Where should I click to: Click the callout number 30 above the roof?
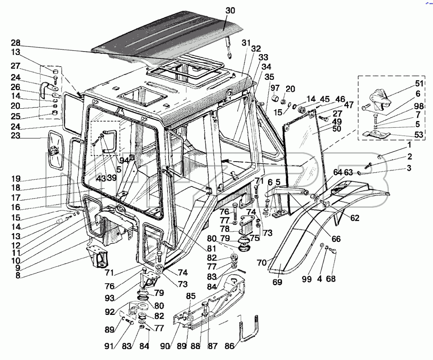point(230,10)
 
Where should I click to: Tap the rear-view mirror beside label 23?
point(56,151)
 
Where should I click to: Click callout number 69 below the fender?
point(277,282)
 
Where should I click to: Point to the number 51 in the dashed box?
point(419,84)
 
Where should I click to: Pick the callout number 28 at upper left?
point(16,43)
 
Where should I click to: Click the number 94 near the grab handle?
point(124,160)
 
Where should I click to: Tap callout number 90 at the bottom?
point(165,346)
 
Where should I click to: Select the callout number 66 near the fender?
point(336,238)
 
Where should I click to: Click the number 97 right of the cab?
point(275,88)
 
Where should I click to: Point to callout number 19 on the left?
point(16,179)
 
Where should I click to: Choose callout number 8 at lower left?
point(18,275)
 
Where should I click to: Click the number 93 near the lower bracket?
point(110,298)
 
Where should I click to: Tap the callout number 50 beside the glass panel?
point(337,128)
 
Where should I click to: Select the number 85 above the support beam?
point(191,296)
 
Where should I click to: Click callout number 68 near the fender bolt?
point(331,279)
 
